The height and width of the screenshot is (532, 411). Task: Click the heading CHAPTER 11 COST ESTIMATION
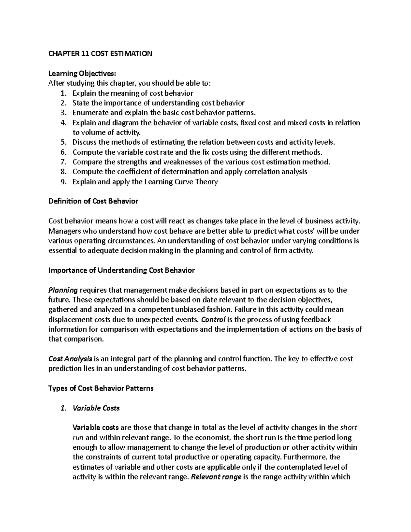click(x=100, y=53)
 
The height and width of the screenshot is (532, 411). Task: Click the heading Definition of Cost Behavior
click(x=93, y=201)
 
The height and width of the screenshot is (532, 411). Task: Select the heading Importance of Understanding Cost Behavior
click(x=122, y=270)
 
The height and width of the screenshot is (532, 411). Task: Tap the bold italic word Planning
click(x=63, y=290)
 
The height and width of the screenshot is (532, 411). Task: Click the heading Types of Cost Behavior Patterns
click(x=101, y=388)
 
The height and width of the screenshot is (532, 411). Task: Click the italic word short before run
click(x=348, y=428)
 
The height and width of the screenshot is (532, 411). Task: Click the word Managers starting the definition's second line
click(x=64, y=231)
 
